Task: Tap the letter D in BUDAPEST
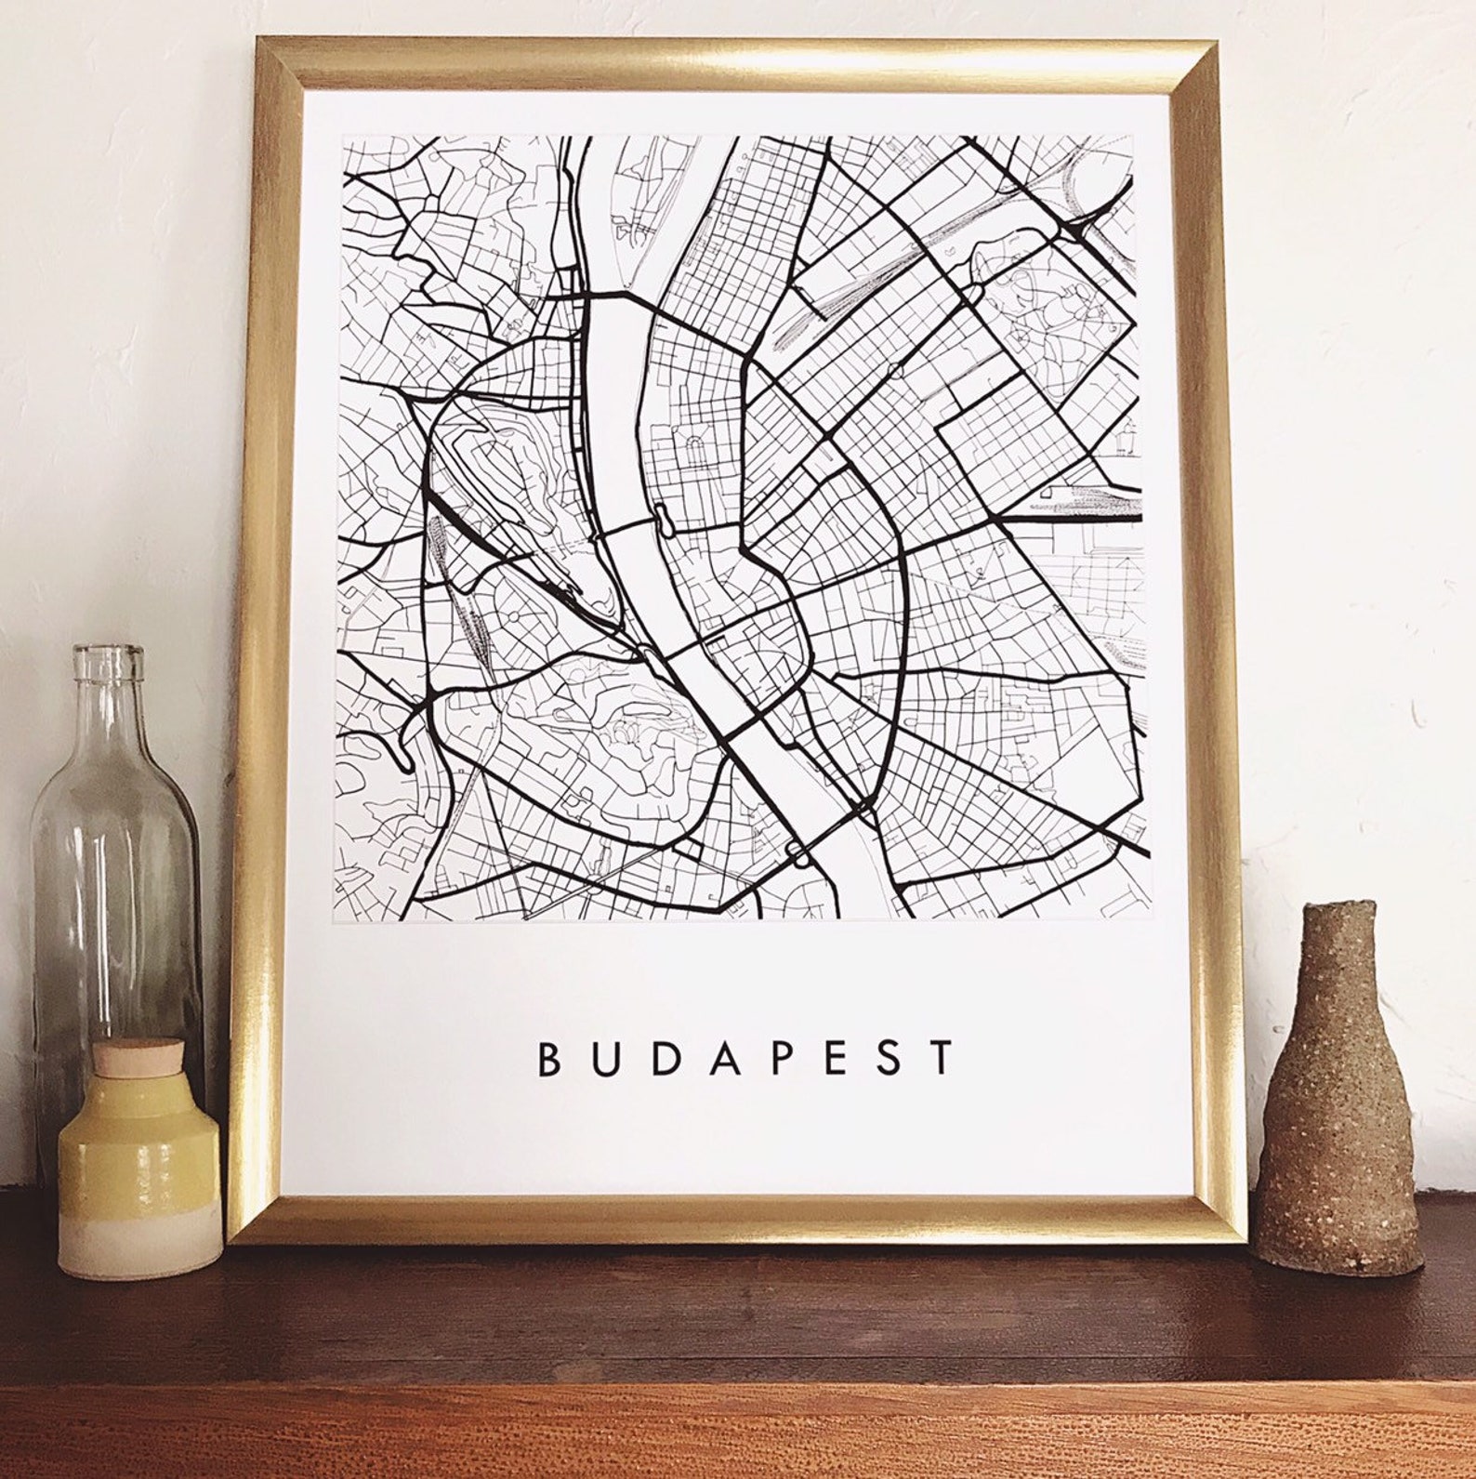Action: tap(663, 1058)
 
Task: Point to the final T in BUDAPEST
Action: tap(944, 1058)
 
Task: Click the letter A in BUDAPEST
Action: tap(722, 1058)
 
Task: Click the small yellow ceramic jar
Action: tap(139, 1171)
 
